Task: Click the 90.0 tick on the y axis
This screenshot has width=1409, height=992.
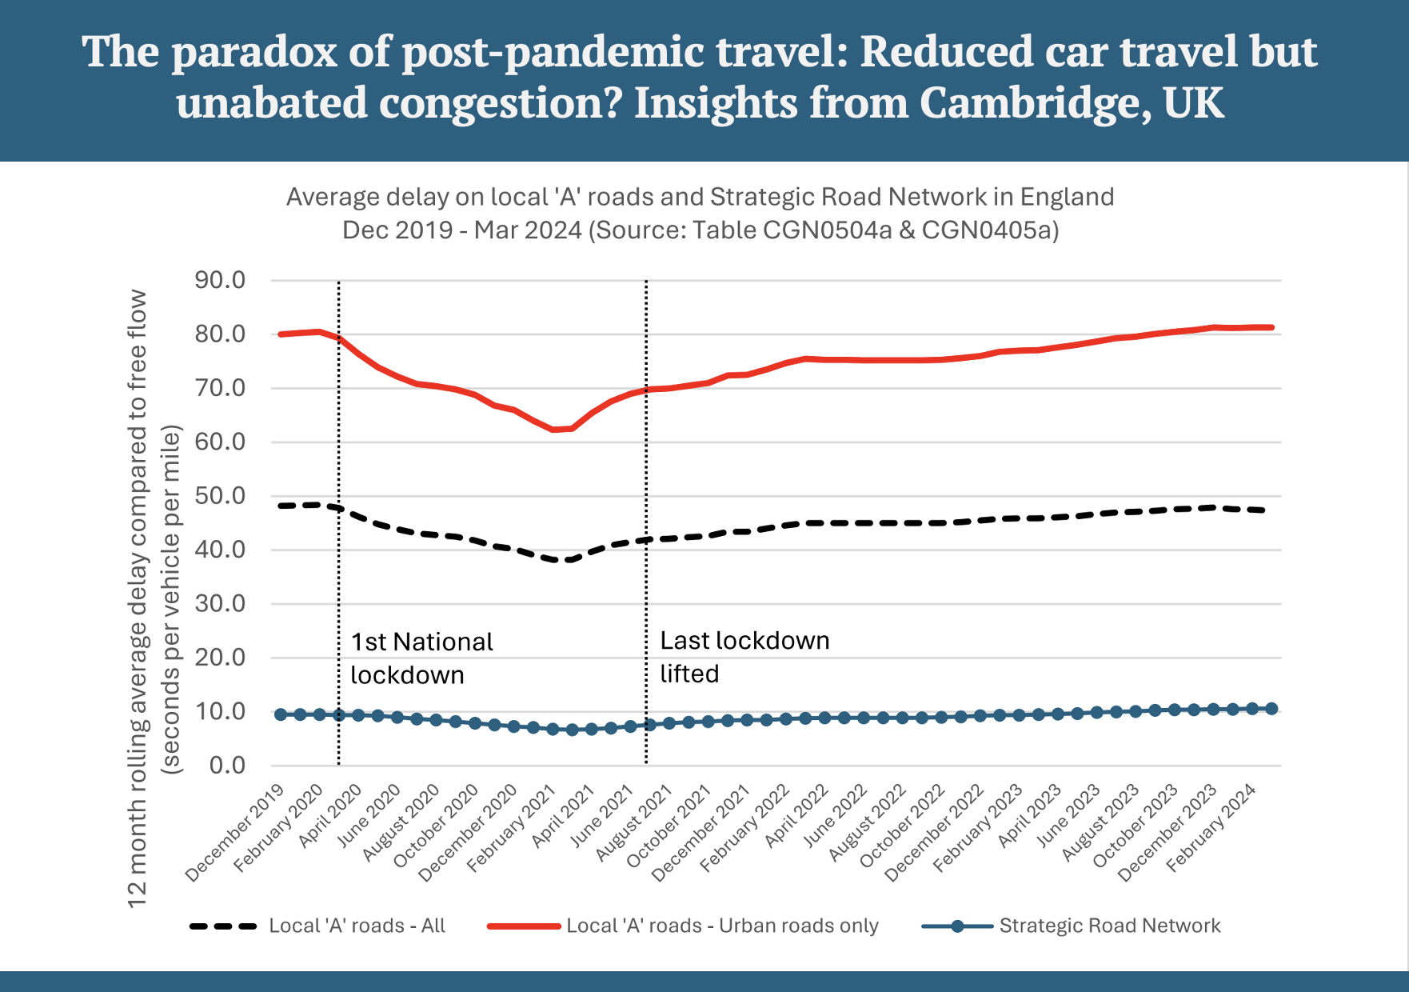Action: tap(219, 280)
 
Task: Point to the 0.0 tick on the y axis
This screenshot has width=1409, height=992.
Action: tap(227, 766)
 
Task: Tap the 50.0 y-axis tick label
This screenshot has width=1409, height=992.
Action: tap(219, 496)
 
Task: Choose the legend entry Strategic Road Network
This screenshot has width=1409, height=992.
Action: tap(1109, 926)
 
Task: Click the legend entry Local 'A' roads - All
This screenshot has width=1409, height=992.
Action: tap(357, 926)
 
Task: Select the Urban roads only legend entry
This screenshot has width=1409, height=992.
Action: tap(721, 926)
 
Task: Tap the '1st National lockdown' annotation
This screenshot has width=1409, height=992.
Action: tap(421, 658)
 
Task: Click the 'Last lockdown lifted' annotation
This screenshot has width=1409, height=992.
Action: tap(744, 657)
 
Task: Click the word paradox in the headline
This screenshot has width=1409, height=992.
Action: tap(259, 52)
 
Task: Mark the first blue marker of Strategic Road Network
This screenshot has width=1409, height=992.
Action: tap(281, 714)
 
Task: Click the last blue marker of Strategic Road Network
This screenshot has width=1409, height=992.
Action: tap(1271, 709)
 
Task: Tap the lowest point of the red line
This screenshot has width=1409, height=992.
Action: tap(553, 430)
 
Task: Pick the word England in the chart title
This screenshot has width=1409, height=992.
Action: tap(1067, 197)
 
